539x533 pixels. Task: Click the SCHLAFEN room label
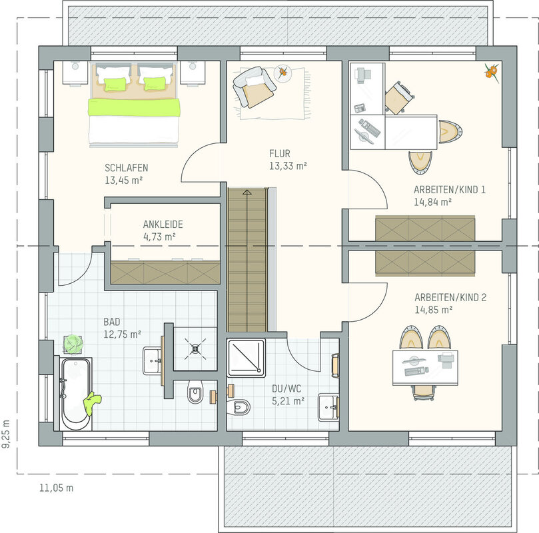(x=126, y=168)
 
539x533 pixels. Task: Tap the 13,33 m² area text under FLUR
(x=288, y=166)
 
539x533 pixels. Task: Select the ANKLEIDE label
(x=163, y=225)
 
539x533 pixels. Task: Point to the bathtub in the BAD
(x=76, y=394)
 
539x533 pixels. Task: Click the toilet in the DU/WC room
(x=240, y=407)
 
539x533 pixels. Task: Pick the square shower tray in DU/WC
(x=246, y=358)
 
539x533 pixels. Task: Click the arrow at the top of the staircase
(x=247, y=192)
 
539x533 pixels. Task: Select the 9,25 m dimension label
(x=6, y=434)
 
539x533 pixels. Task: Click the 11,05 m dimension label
(x=57, y=488)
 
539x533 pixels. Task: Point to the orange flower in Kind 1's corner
(x=492, y=73)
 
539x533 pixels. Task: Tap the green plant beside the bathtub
(x=73, y=344)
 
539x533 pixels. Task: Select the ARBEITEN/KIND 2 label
(x=450, y=297)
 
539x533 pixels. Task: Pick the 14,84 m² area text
(x=432, y=202)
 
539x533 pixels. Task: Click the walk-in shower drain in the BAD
(x=195, y=349)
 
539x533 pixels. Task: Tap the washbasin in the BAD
(x=153, y=361)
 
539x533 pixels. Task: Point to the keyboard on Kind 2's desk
(x=416, y=371)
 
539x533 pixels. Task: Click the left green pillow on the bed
(x=115, y=85)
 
